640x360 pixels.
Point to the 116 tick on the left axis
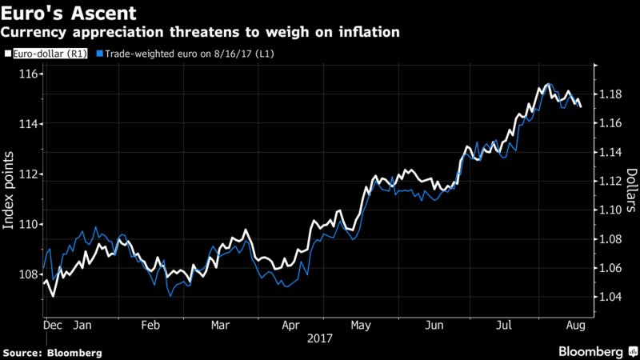pyautogui.click(x=31, y=74)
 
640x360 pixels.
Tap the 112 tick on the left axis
pyautogui.click(x=31, y=174)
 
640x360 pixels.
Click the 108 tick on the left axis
pyautogui.click(x=31, y=274)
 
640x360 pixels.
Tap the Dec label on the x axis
pyautogui.click(x=54, y=326)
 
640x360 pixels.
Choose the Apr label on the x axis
pyautogui.click(x=290, y=326)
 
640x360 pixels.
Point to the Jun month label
pyautogui.click(x=435, y=326)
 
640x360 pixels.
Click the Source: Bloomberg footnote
pyautogui.click(x=53, y=352)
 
